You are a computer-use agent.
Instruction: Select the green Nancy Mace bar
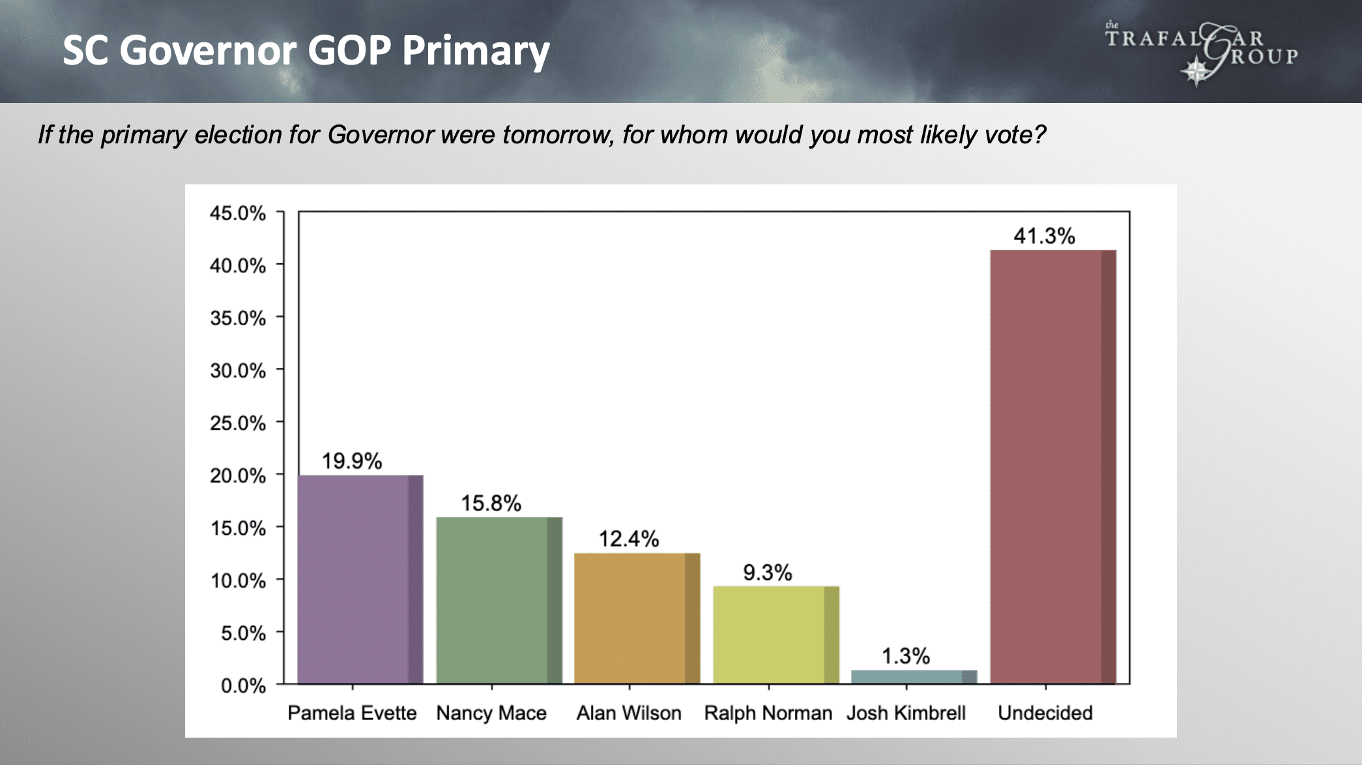(x=499, y=599)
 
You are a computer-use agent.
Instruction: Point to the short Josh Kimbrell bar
(x=914, y=676)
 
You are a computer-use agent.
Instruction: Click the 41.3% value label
(x=1044, y=236)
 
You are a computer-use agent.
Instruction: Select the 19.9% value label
(x=352, y=461)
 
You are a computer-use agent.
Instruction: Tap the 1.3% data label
(x=906, y=656)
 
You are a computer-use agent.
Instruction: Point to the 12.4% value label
(x=629, y=539)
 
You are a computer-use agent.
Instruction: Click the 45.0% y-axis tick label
(x=238, y=213)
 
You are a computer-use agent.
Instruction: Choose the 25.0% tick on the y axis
(x=238, y=423)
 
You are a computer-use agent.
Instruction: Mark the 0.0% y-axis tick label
(x=243, y=686)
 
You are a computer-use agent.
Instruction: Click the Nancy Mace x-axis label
(x=491, y=713)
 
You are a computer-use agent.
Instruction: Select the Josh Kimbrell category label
(x=906, y=713)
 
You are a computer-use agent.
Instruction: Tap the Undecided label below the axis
(x=1045, y=713)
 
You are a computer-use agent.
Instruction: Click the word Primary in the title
(x=476, y=51)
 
